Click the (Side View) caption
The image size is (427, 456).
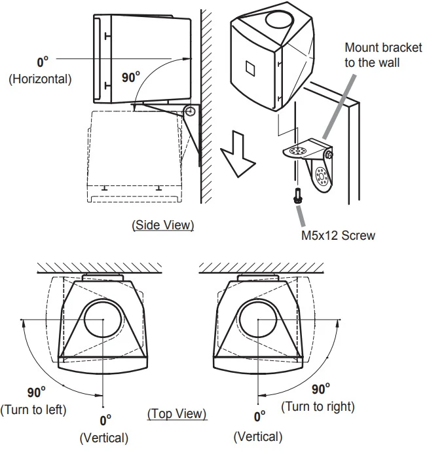click(x=163, y=225)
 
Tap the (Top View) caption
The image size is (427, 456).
click(x=177, y=413)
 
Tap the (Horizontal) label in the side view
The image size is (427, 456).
click(x=40, y=79)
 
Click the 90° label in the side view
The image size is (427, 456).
click(x=132, y=77)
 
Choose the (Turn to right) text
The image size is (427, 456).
click(x=318, y=406)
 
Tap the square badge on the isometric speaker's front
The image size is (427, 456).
click(x=249, y=68)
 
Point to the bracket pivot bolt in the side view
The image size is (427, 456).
click(x=190, y=111)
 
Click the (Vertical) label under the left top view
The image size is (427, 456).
click(x=104, y=437)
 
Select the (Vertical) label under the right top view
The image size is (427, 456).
click(x=258, y=436)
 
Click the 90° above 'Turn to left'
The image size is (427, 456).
click(x=36, y=392)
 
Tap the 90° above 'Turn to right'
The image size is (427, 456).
click(x=321, y=389)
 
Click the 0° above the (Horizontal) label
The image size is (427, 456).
click(x=43, y=63)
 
